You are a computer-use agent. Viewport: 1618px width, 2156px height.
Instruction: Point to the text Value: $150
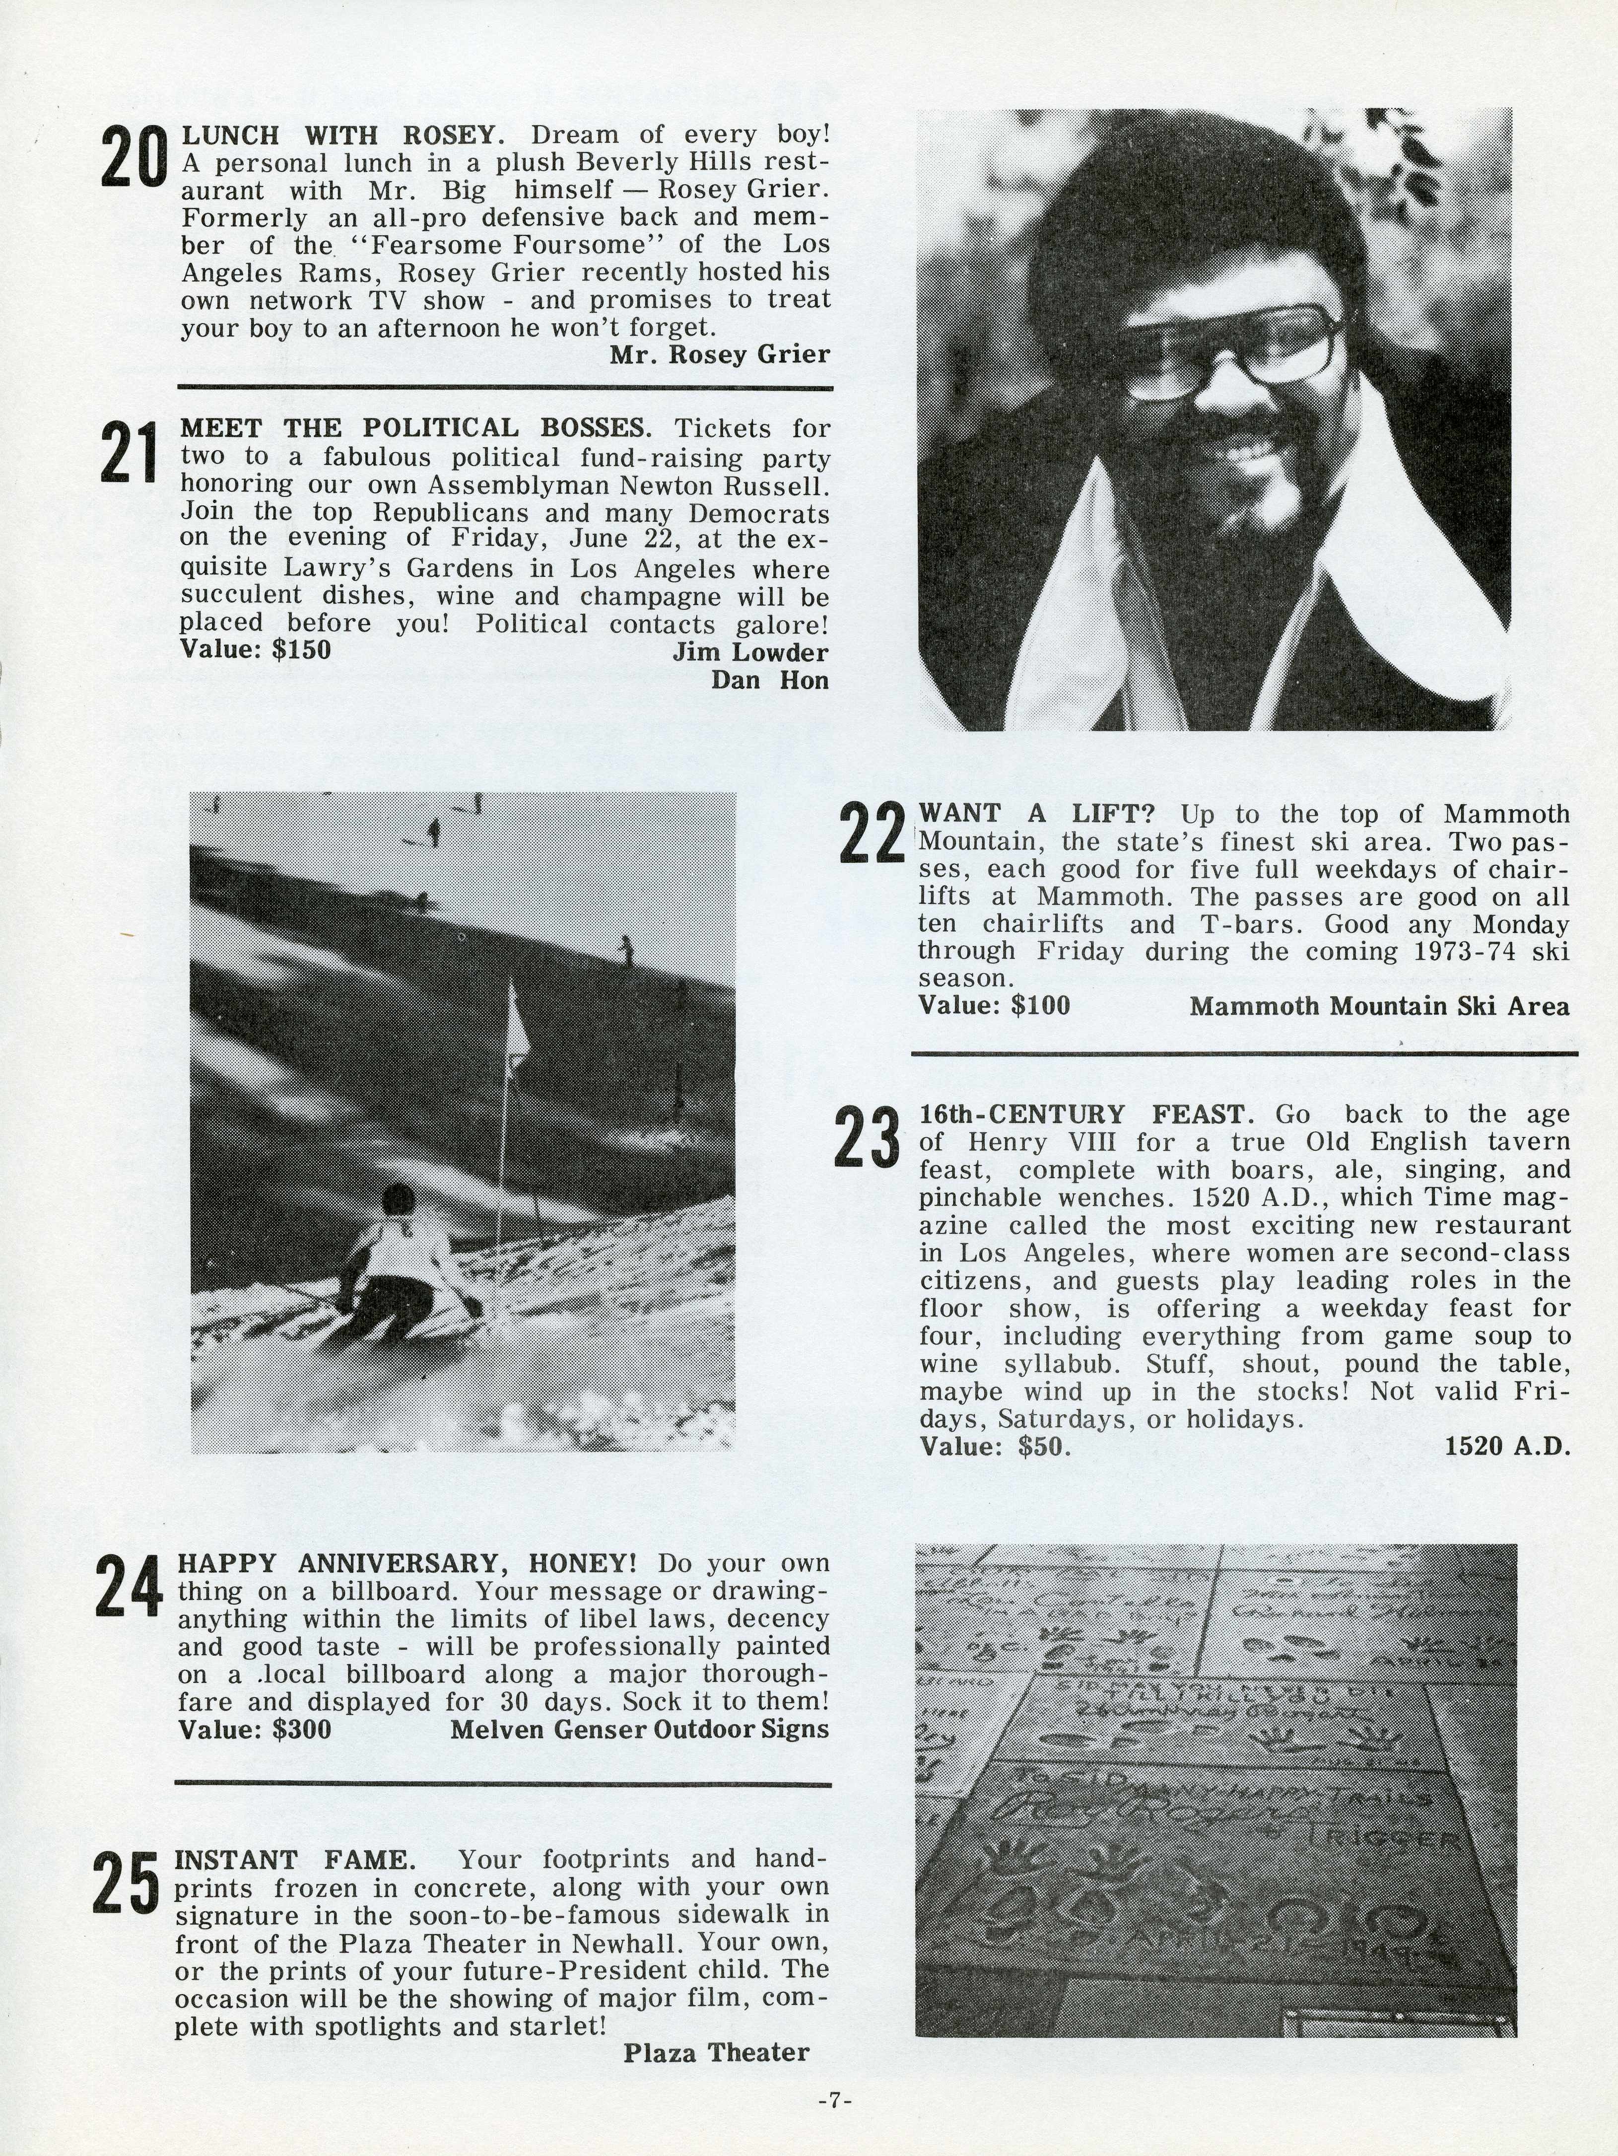click(256, 649)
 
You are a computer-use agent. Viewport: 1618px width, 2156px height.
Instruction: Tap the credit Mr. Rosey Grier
click(719, 355)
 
